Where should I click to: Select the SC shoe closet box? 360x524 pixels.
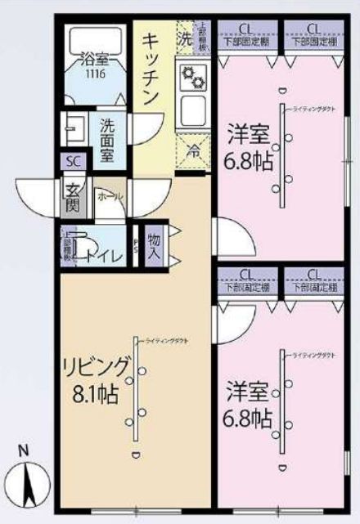point(72,162)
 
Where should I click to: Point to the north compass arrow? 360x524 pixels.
point(29,484)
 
